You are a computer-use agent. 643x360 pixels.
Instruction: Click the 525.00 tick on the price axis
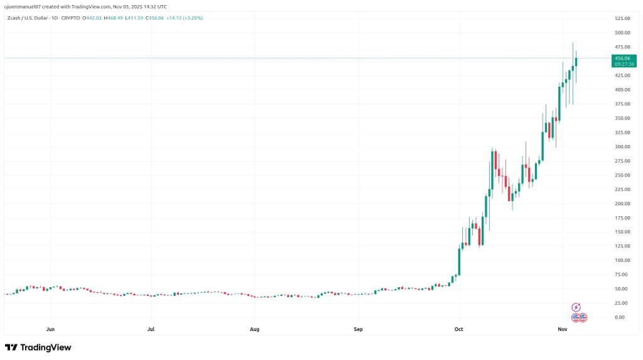(x=623, y=18)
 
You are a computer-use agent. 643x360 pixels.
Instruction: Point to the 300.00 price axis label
(x=623, y=146)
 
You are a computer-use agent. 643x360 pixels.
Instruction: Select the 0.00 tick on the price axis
(x=619, y=317)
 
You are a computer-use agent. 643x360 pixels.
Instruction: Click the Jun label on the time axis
(x=50, y=329)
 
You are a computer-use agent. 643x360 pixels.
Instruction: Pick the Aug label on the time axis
(x=254, y=329)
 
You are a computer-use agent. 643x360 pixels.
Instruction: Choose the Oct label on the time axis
(x=459, y=329)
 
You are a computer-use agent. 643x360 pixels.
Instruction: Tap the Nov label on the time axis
(x=563, y=329)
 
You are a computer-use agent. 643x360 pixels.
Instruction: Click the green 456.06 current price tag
(x=625, y=58)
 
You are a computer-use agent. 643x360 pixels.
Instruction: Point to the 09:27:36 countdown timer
(x=625, y=64)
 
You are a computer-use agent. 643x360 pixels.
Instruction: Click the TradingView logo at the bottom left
(x=38, y=347)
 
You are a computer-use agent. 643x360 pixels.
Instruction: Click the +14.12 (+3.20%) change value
(x=185, y=18)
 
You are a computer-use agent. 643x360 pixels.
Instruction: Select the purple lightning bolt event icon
(x=576, y=307)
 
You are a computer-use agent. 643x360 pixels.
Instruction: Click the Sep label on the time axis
(x=358, y=329)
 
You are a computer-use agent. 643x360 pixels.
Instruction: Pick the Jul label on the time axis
(x=151, y=329)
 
